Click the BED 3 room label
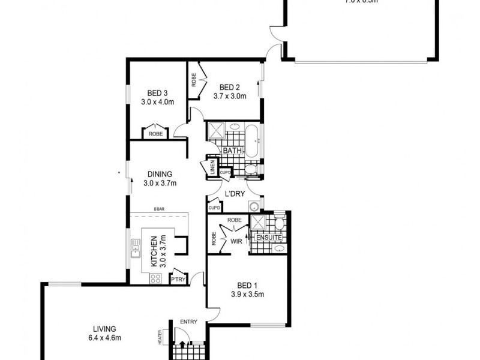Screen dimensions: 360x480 [157, 93]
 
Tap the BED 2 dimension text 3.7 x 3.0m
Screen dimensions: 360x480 [230, 95]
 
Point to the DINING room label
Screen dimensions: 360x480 [159, 175]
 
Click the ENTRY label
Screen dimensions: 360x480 [189, 322]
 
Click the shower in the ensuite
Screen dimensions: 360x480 [259, 224]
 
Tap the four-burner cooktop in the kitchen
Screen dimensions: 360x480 [156, 277]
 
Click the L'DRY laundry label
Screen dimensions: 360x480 [233, 193]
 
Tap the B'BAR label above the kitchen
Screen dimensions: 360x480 [159, 208]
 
